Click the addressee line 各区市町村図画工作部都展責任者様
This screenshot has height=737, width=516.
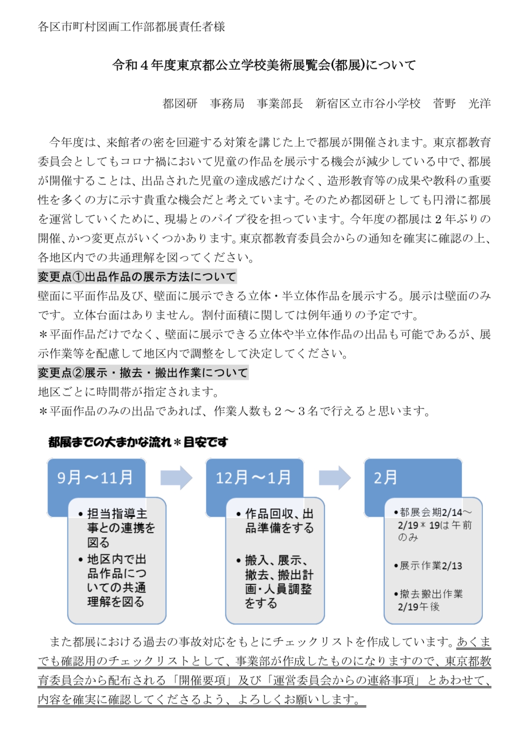point(131,27)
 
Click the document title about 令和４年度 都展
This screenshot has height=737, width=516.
point(264,65)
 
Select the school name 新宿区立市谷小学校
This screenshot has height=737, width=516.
point(368,103)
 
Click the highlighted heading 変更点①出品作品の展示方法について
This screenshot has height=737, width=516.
point(137,277)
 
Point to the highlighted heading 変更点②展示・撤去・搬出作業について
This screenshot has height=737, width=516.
point(143,373)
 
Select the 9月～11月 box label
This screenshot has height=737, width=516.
point(95,477)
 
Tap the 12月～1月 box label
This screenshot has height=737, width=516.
point(253,477)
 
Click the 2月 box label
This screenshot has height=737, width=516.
point(385,477)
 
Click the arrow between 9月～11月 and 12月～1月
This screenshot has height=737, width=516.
point(176,478)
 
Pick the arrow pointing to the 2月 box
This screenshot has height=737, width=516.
point(335,478)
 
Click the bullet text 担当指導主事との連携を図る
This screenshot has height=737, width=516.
point(117,528)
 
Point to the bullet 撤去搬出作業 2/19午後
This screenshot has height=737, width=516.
point(430,600)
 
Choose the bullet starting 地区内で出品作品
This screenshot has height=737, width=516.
point(116,580)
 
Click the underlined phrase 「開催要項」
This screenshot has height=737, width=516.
point(202,680)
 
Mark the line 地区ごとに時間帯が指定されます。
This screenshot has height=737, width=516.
point(128,392)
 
